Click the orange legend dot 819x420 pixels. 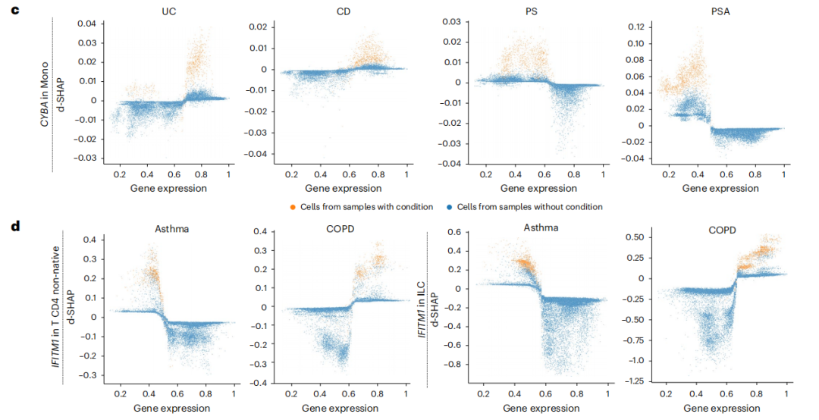point(292,207)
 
